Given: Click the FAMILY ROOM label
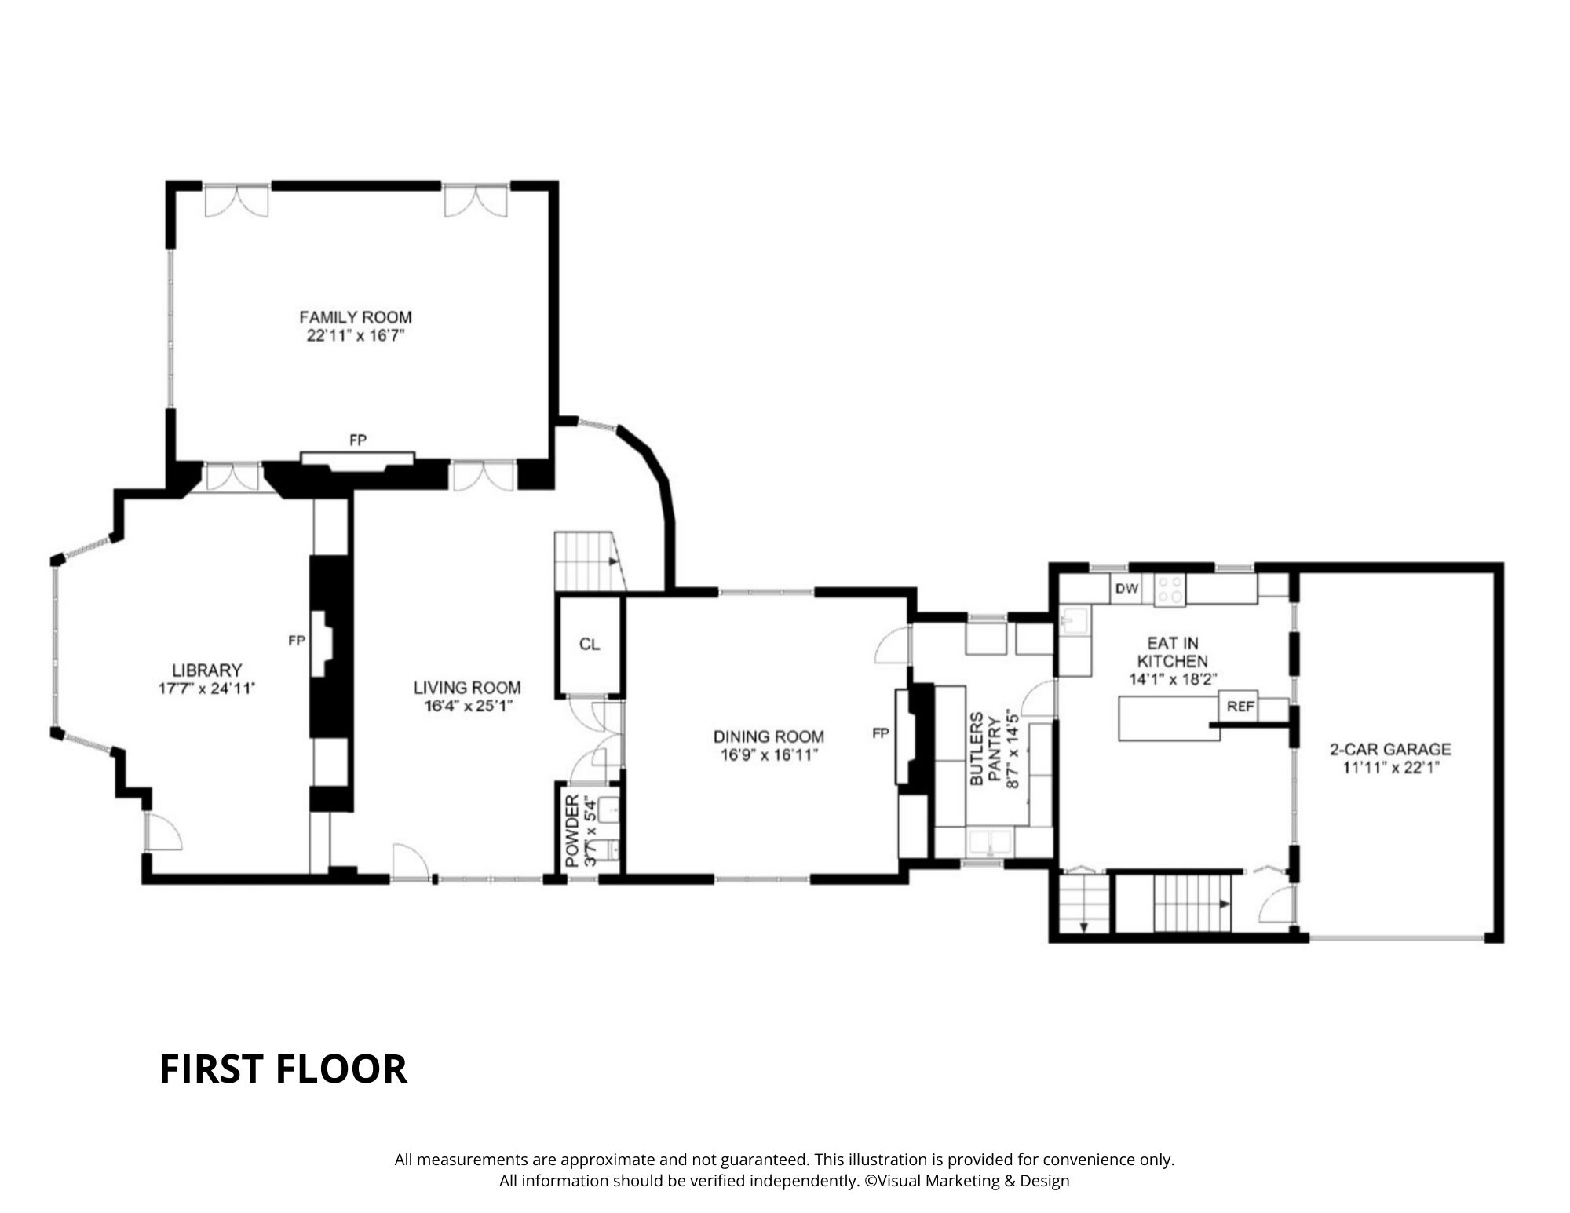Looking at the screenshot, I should tap(355, 317).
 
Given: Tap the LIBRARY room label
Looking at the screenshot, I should tap(206, 670).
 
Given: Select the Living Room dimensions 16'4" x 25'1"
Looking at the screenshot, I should tap(467, 706).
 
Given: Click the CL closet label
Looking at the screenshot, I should tap(590, 645).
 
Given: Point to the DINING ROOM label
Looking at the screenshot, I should tap(769, 736).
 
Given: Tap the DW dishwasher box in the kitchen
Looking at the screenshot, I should tap(1126, 589).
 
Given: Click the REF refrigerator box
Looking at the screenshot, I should tap(1240, 707).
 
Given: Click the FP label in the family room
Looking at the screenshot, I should tap(358, 440).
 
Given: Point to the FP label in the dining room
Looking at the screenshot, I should tap(880, 733).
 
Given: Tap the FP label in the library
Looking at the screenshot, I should tap(296, 641).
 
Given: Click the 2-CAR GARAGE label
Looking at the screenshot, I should tap(1390, 749).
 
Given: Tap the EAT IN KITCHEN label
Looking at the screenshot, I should tap(1172, 652).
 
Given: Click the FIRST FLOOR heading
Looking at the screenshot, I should tap(283, 1069).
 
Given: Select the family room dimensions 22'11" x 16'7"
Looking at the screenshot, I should tap(355, 337).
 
